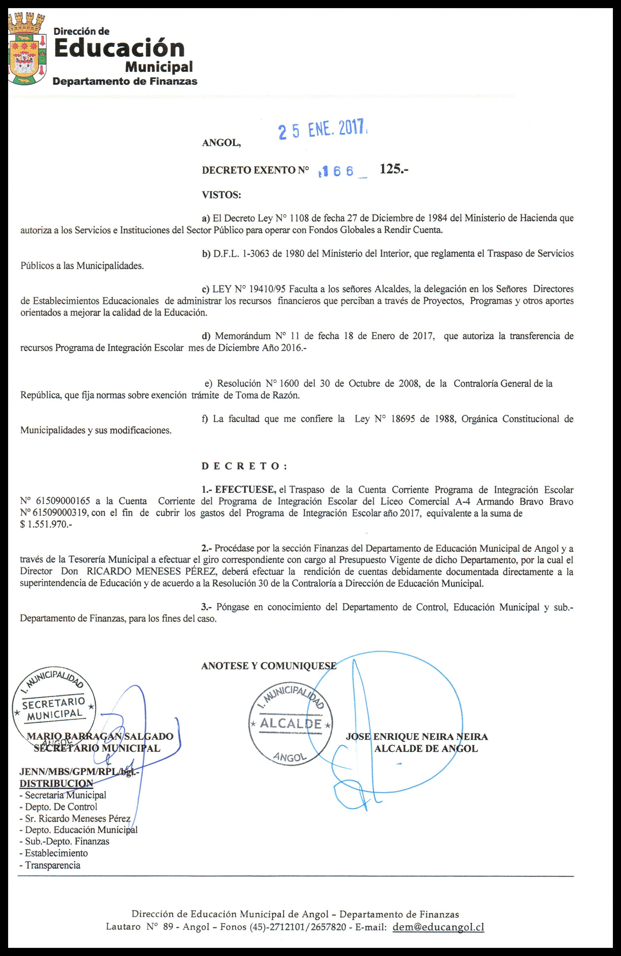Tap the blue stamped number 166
tap(337, 171)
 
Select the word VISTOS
tap(221, 195)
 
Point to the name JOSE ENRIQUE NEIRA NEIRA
tap(417, 736)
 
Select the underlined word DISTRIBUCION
tap(56, 783)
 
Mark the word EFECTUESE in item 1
tap(244, 490)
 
